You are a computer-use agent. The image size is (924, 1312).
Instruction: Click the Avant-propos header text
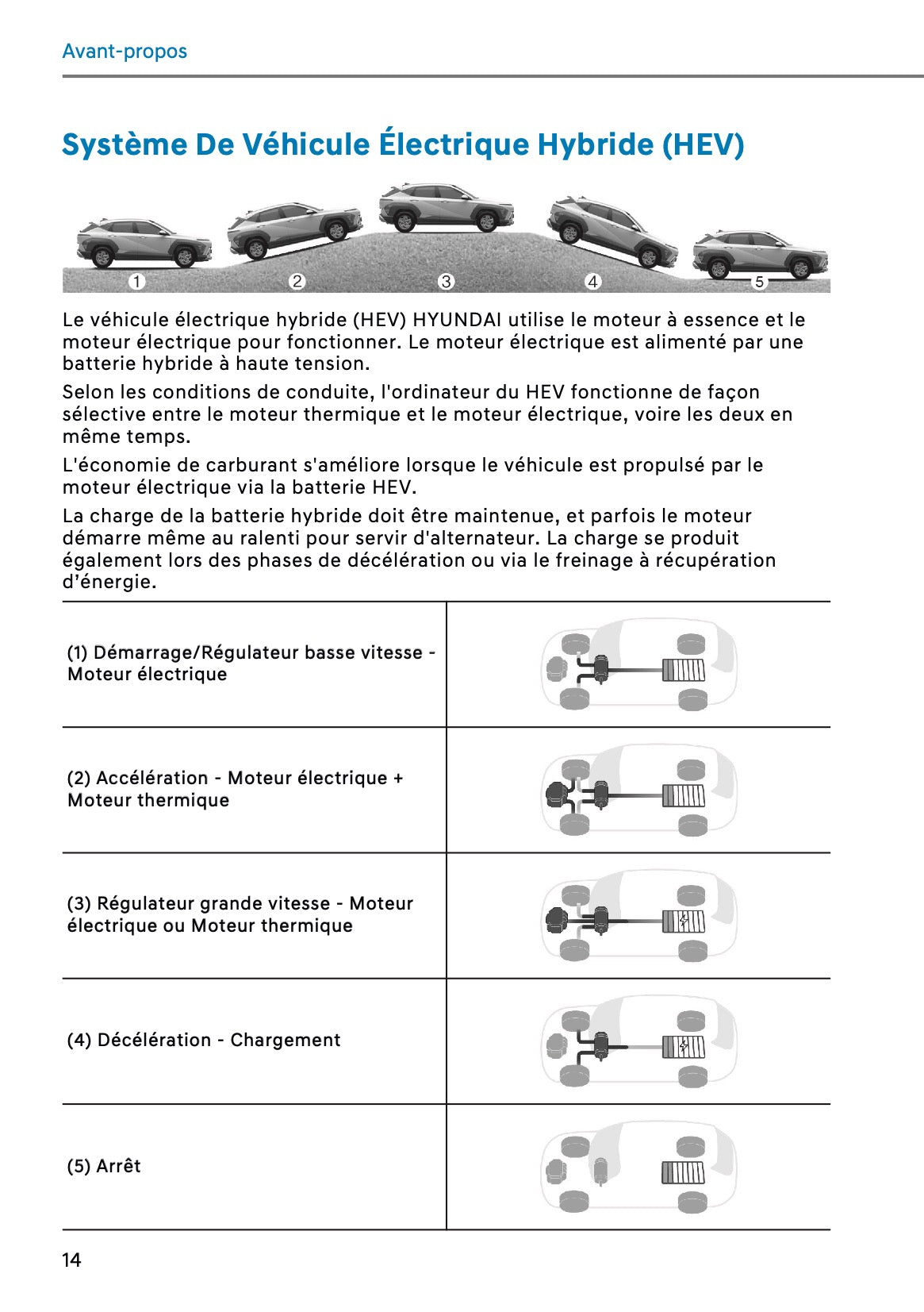(x=125, y=51)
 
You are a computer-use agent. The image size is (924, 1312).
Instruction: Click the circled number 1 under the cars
(x=137, y=281)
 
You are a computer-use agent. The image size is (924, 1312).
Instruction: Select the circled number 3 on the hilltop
(x=446, y=281)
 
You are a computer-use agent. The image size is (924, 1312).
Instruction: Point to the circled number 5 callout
(x=759, y=282)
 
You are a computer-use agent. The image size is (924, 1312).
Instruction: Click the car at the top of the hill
(x=446, y=207)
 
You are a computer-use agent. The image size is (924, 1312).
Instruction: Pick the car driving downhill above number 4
(x=612, y=230)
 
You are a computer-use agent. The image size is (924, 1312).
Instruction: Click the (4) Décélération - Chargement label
(x=204, y=1040)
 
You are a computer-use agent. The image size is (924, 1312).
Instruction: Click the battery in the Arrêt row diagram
(x=683, y=1172)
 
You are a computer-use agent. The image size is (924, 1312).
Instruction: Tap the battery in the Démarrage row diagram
(x=683, y=671)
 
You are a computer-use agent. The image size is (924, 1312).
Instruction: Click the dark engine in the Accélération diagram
(x=557, y=795)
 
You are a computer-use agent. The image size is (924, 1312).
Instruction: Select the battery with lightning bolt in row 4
(x=683, y=1047)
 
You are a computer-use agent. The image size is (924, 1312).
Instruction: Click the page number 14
(x=71, y=1260)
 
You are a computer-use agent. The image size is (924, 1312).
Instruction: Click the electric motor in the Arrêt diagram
(x=601, y=1170)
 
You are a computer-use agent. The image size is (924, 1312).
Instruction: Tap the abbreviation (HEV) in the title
(x=703, y=144)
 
